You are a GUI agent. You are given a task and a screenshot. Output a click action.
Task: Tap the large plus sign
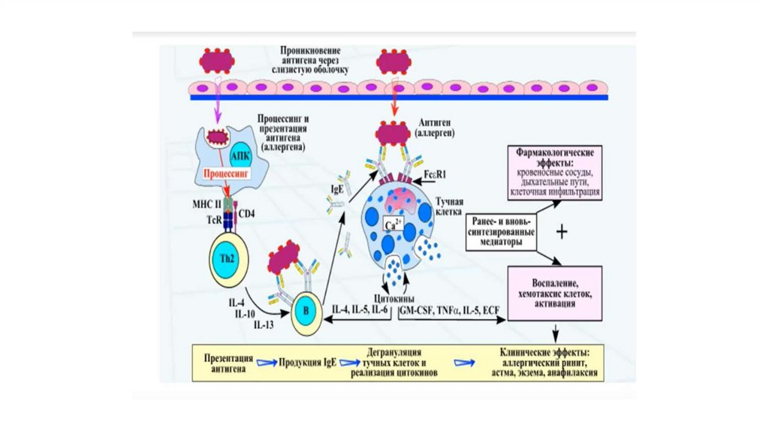tap(562, 233)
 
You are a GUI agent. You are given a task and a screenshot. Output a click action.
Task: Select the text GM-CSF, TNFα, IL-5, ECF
tap(448, 308)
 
